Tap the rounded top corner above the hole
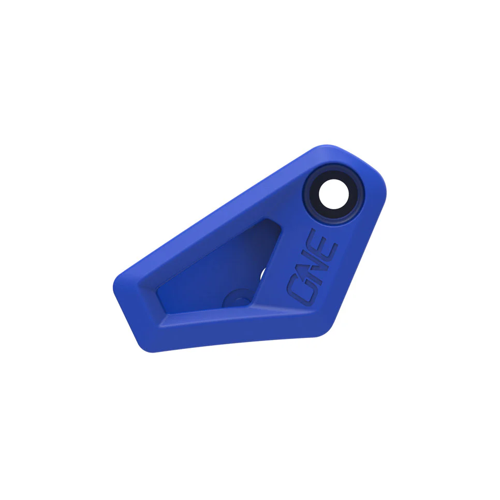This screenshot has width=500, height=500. [x=323, y=149]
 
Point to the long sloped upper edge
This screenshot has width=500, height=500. [x=217, y=212]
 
